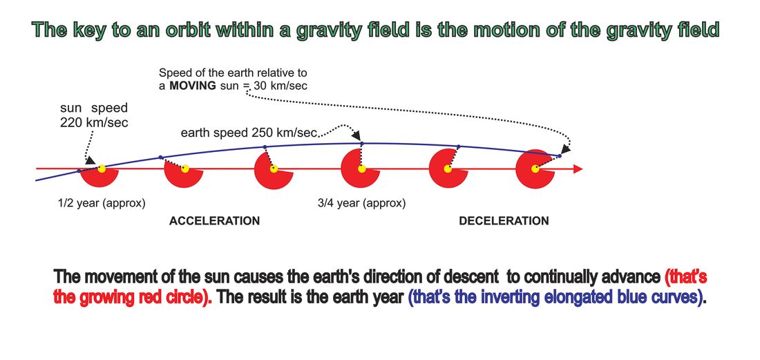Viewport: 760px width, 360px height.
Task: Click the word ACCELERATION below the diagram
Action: click(x=214, y=221)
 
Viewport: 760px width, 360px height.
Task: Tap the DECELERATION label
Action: click(x=504, y=221)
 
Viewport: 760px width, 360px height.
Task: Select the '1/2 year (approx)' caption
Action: click(x=102, y=204)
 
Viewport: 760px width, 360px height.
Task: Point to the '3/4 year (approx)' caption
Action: click(x=361, y=204)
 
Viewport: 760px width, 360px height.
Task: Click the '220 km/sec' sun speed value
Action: click(x=94, y=122)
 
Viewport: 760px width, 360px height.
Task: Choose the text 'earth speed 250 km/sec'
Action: click(x=249, y=133)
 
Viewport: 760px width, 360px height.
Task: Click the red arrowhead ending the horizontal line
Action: click(x=578, y=169)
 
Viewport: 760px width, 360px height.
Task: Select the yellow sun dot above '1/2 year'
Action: click(x=102, y=169)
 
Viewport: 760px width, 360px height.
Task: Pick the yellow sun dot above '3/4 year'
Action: click(x=361, y=169)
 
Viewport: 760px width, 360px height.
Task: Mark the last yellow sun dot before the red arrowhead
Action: click(x=535, y=169)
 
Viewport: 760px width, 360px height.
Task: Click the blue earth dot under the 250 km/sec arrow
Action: click(x=362, y=144)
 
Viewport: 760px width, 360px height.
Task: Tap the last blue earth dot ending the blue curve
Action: click(x=560, y=156)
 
